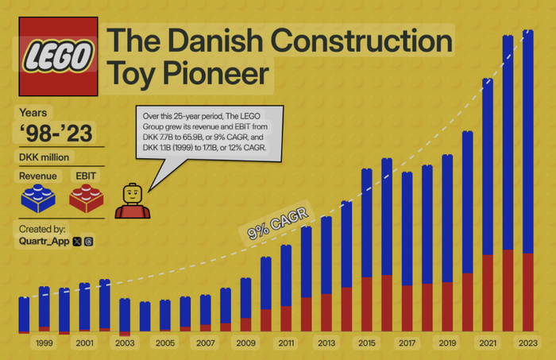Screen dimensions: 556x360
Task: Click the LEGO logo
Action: [x=58, y=56]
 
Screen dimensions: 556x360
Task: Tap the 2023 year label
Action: [x=528, y=343]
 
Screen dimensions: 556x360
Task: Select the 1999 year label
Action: [x=44, y=343]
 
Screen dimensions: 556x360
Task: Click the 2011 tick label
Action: [x=286, y=343]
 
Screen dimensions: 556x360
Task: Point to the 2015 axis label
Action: [x=367, y=343]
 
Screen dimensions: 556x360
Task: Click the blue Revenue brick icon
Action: [x=38, y=198]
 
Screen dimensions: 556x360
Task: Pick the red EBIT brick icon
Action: [x=86, y=198]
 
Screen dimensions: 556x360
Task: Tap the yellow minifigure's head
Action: [x=133, y=194]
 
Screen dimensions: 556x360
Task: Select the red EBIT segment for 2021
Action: [x=488, y=293]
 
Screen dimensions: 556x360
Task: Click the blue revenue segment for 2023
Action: [x=528, y=141]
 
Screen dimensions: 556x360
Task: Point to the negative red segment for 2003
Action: [x=125, y=334]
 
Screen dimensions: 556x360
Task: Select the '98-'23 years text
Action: [x=56, y=134]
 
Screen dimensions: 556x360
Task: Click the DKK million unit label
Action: [x=44, y=157]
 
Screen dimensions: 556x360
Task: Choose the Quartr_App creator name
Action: [x=44, y=242]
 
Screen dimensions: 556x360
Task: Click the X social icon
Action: [x=77, y=242]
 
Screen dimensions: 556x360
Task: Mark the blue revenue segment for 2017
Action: [x=407, y=229]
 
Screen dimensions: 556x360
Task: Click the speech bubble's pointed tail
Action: [x=149, y=191]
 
